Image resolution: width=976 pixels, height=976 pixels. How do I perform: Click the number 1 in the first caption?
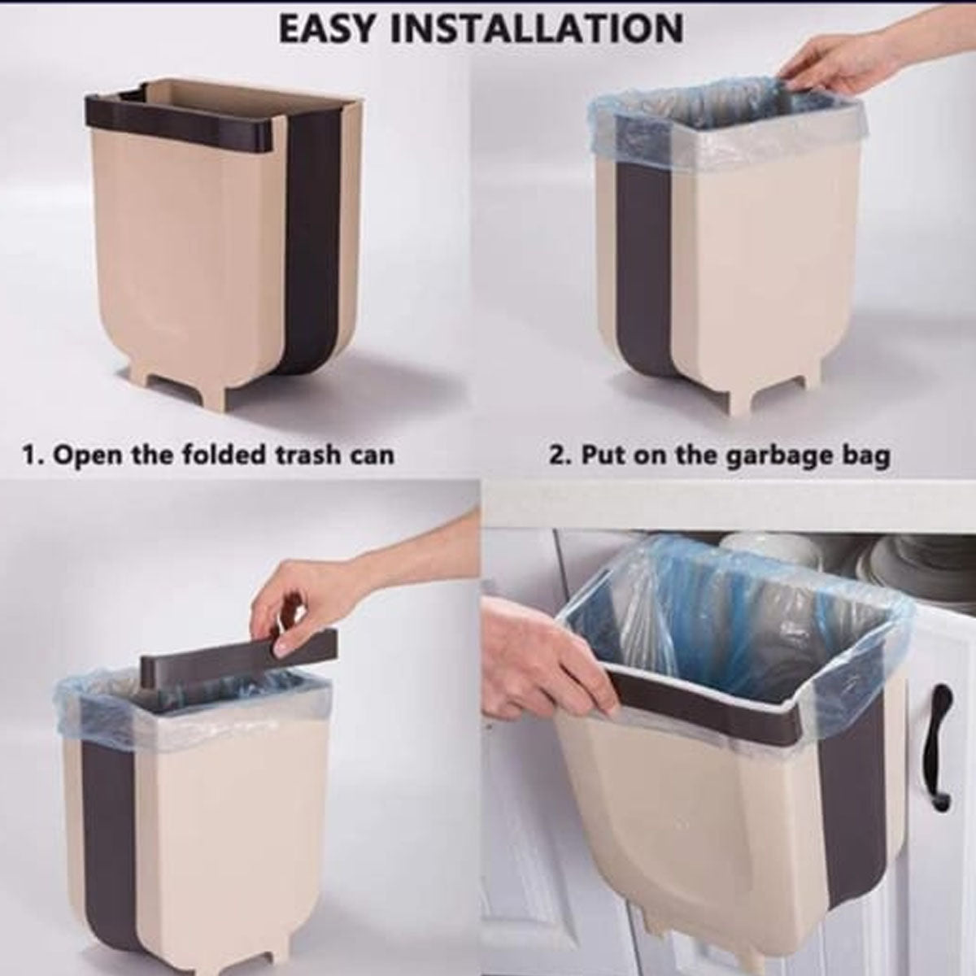pyautogui.click(x=29, y=454)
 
